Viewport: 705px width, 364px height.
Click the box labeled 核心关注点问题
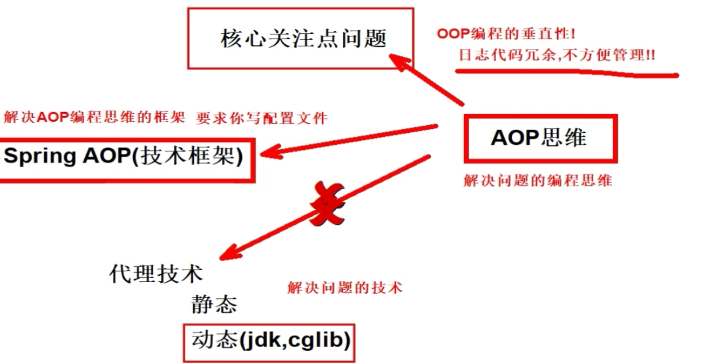coord(301,38)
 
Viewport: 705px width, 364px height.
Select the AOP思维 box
coord(540,138)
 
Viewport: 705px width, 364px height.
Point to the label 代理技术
coord(156,274)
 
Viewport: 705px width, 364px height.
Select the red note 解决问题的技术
coord(345,288)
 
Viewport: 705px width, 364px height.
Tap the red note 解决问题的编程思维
coord(538,180)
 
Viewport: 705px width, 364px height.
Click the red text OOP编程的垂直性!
coord(506,33)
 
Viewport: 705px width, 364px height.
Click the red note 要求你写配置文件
coord(262,118)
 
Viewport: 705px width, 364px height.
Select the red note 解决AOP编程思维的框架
coord(94,117)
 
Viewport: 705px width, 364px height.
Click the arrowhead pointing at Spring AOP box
coord(269,153)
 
